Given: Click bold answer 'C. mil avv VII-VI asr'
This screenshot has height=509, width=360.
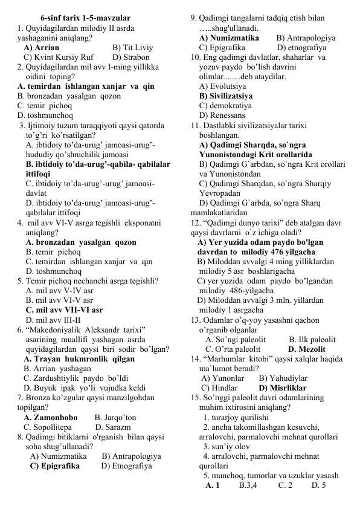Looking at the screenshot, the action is point(64,310).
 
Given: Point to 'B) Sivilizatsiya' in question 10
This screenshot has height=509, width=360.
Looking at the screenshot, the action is point(226,96).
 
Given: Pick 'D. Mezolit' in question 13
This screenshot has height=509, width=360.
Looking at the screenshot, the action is point(307,349).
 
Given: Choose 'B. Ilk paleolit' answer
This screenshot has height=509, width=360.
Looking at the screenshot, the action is point(312,339).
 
